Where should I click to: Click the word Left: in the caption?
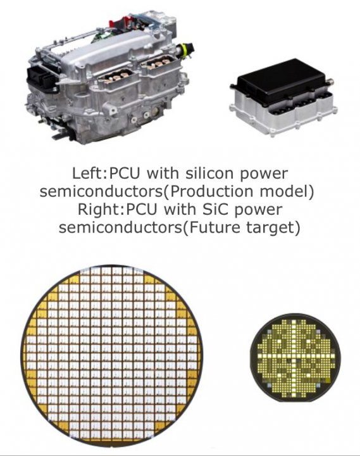pos(90,174)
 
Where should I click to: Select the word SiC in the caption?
pos(214,210)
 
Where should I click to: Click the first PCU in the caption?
pos(125,174)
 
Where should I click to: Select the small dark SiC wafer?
pos(295,358)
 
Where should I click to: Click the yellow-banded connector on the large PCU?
pos(185,49)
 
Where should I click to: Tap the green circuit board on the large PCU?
pos(98,36)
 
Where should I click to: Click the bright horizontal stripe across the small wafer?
pos(295,356)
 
